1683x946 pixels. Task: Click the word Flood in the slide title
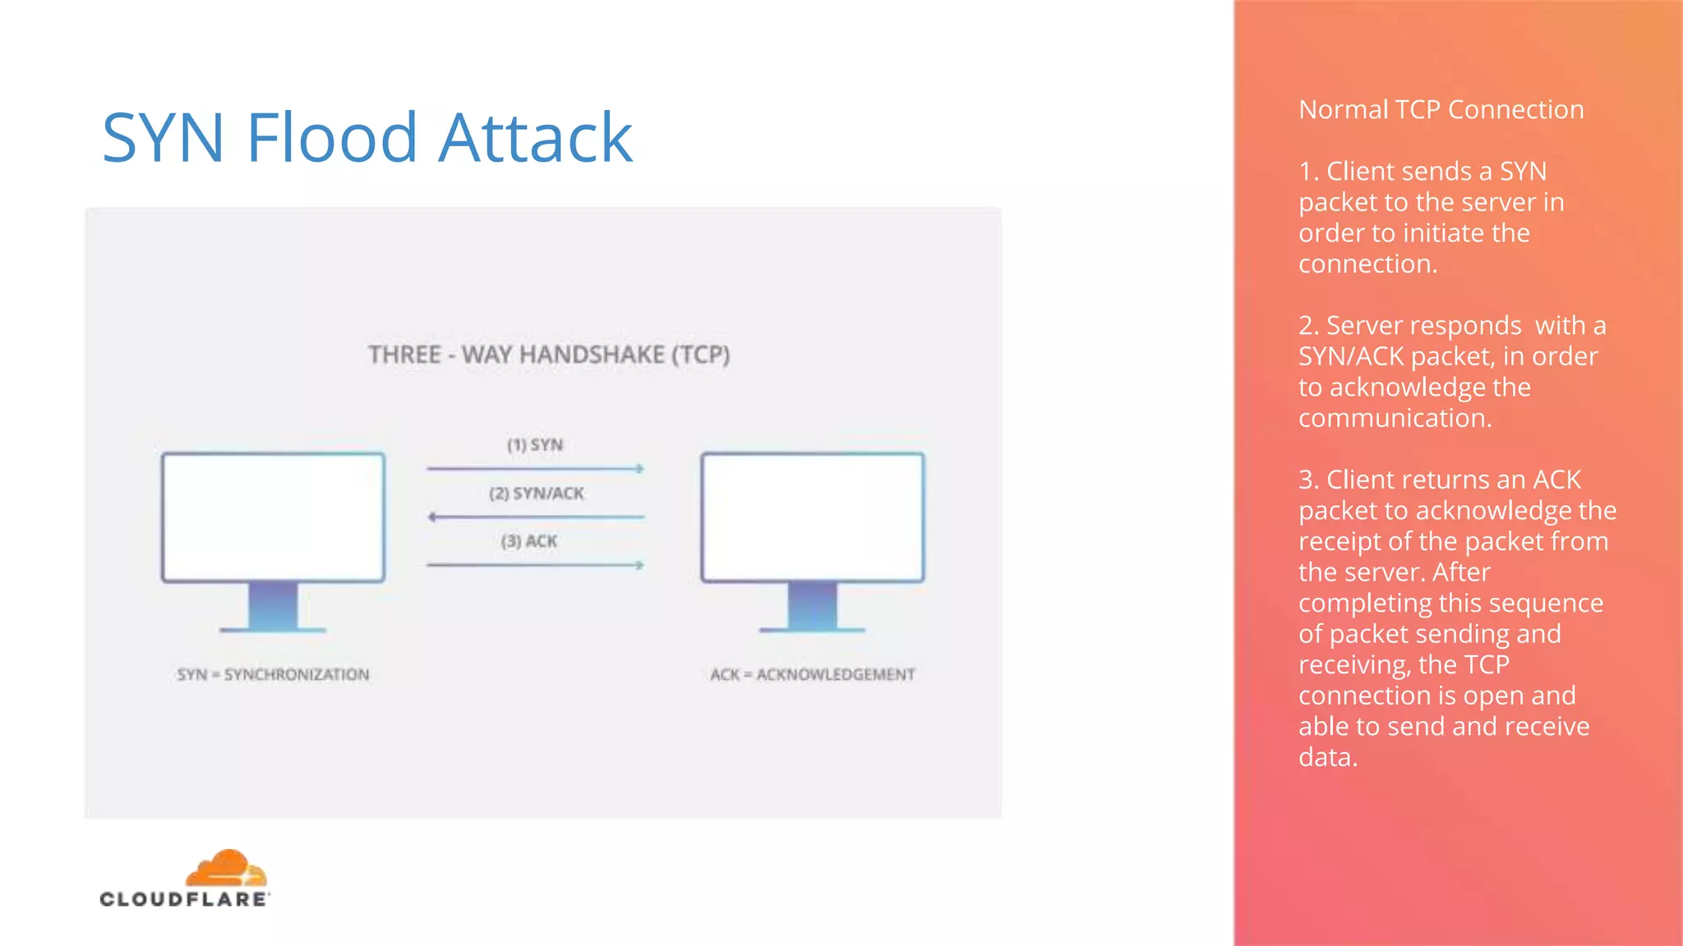[x=331, y=138]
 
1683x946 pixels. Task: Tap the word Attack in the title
[x=535, y=138]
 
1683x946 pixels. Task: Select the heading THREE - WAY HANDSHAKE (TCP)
[x=549, y=355]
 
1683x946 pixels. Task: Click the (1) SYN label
[x=534, y=445]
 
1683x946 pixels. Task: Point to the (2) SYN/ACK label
[x=536, y=494]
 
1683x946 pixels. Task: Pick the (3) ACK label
[x=528, y=541]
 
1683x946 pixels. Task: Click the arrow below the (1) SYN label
[x=535, y=469]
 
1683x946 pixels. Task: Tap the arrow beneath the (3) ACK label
[x=535, y=565]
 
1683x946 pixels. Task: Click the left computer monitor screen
[x=273, y=517]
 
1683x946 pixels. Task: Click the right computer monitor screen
[x=812, y=517]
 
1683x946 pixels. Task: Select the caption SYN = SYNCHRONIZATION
[x=273, y=675]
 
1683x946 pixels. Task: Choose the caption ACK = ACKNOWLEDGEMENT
[x=812, y=675]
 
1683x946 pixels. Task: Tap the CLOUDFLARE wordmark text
[x=184, y=899]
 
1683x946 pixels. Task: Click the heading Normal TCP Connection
[x=1441, y=110]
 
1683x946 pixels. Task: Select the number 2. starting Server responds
[x=1308, y=326]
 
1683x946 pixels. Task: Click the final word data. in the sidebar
[x=1327, y=757]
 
